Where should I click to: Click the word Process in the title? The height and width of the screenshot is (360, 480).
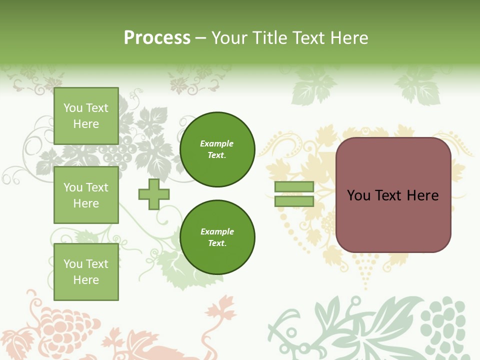[157, 38]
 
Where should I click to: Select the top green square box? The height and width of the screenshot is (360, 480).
[86, 116]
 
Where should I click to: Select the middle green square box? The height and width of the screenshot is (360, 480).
[86, 195]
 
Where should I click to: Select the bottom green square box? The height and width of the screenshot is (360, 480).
[86, 272]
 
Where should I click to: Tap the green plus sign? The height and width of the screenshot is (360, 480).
[154, 194]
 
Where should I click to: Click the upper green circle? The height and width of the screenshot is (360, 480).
[217, 149]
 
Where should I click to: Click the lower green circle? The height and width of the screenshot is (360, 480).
[217, 237]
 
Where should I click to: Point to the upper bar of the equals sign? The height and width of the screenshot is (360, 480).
[294, 187]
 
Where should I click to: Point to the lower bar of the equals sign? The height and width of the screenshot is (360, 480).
[294, 201]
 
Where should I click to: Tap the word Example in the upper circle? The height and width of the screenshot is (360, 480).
[216, 143]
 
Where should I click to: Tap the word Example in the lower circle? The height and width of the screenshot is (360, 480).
[217, 231]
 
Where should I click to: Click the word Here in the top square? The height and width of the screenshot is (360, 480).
[86, 124]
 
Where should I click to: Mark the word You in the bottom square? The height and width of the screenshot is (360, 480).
[73, 264]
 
